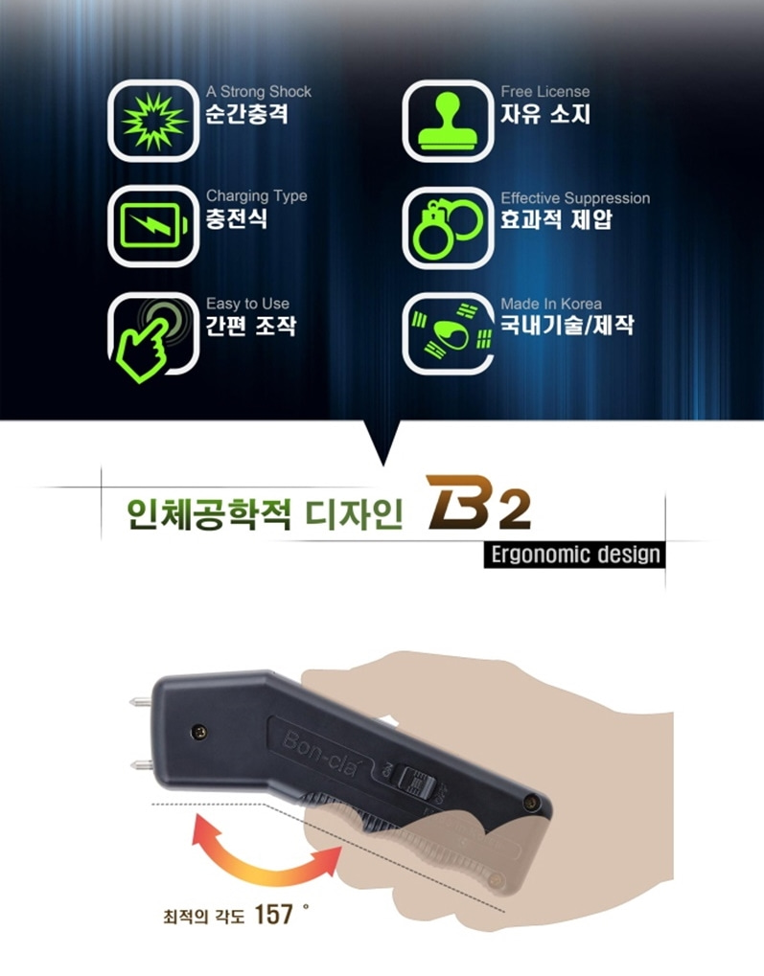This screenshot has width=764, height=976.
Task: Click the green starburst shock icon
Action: [x=153, y=121]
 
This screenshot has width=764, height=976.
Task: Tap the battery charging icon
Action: [x=153, y=225]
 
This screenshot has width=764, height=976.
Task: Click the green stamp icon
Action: [x=448, y=121]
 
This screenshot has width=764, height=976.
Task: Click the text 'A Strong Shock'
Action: [x=259, y=92]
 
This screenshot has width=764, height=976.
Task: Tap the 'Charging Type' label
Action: [x=257, y=196]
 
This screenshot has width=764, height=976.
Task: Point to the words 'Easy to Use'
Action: [x=248, y=304]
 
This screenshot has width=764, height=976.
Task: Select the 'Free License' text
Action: [x=545, y=92]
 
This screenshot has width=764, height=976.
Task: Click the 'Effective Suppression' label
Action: [x=575, y=198]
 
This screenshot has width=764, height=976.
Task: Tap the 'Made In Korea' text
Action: [x=551, y=304]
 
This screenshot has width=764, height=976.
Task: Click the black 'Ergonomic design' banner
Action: [x=574, y=554]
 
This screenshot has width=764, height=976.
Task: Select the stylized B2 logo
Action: [x=478, y=503]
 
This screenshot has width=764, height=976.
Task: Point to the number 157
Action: [x=273, y=915]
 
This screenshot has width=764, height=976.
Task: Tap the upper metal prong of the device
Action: [x=141, y=703]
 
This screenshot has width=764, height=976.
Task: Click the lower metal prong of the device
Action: [x=141, y=765]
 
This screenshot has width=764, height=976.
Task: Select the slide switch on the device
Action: [x=414, y=783]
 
